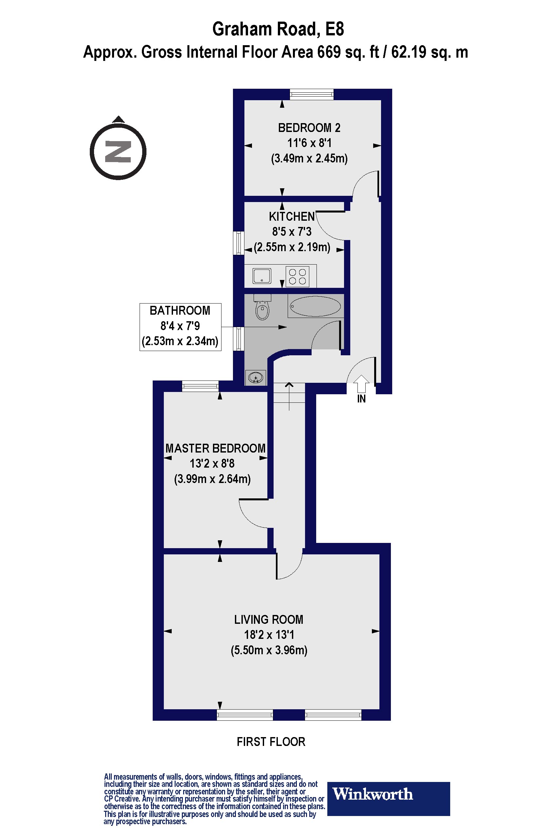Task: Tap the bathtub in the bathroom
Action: coord(316,306)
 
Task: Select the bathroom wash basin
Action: coord(256,377)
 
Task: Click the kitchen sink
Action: coord(262,276)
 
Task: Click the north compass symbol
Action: coord(118,152)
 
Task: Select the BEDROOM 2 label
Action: coord(309,128)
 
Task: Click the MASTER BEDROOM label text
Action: coord(216,448)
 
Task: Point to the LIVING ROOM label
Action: coord(269,620)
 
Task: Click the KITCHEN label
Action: coord(292,216)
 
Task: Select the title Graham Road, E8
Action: coord(278,29)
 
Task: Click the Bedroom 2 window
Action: coord(312,94)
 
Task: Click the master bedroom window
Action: coord(200,386)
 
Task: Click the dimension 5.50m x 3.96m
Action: coord(269,650)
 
